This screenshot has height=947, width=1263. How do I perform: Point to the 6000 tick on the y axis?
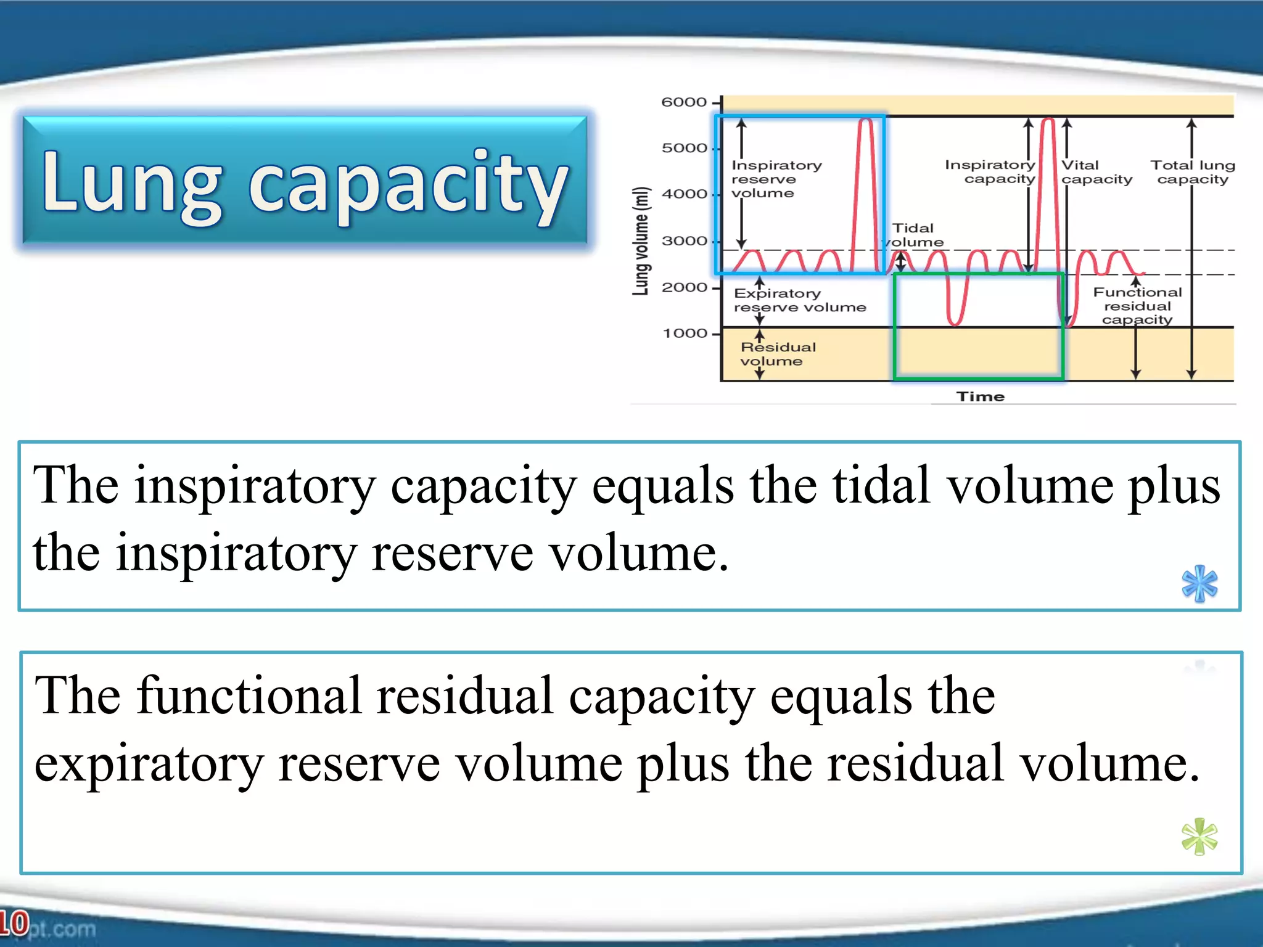(685, 102)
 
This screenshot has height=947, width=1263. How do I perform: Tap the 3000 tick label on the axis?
(685, 241)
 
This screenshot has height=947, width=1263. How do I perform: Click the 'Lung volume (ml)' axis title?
(641, 240)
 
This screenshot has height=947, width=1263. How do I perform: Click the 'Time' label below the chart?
(981, 396)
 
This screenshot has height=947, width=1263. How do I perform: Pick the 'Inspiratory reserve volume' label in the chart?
(775, 179)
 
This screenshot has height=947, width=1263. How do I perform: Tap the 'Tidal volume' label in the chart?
(914, 235)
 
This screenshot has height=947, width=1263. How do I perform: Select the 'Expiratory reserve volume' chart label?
(799, 300)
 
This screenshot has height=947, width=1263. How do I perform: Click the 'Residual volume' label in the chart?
(778, 354)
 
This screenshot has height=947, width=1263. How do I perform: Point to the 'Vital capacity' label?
(1096, 172)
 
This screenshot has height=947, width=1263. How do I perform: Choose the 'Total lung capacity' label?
(1193, 172)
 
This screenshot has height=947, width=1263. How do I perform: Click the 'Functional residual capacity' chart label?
(1137, 306)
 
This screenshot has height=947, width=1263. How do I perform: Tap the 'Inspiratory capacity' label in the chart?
(990, 171)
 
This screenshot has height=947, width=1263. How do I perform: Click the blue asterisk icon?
(1199, 583)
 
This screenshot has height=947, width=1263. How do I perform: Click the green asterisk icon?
(1199, 837)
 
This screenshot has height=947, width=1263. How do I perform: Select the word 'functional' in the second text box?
(249, 695)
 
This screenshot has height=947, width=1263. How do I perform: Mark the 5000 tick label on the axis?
(685, 149)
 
